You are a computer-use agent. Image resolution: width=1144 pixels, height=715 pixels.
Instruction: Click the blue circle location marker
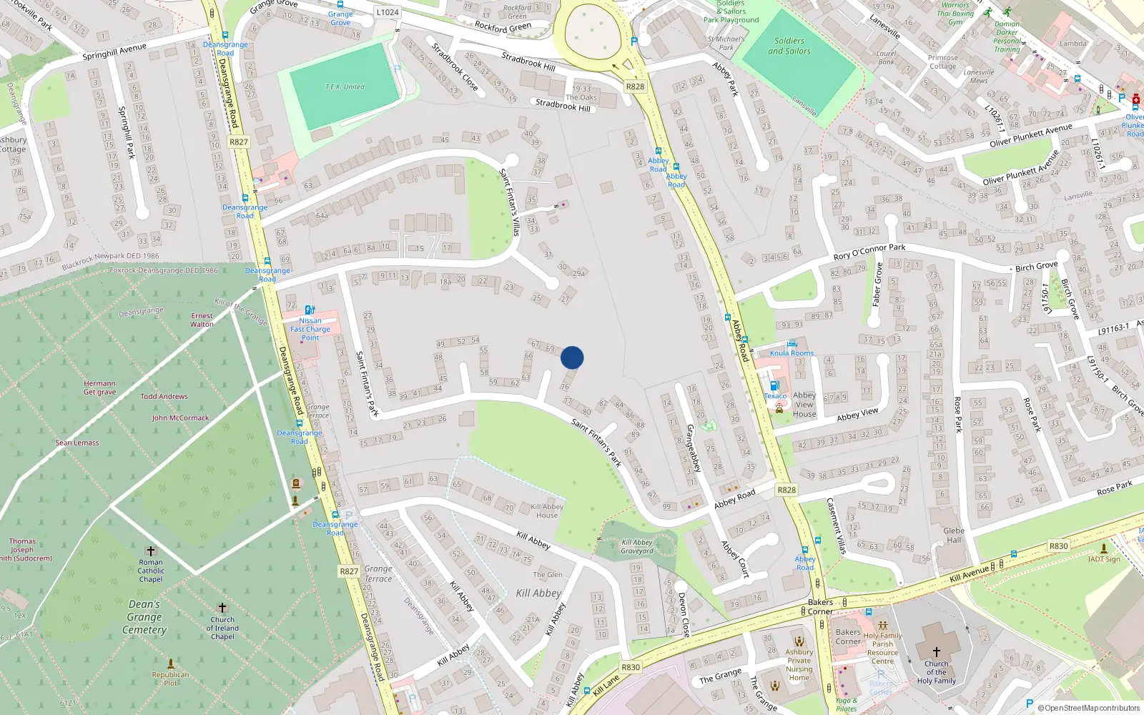(572, 357)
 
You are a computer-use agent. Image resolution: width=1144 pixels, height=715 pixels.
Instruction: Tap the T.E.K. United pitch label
(345, 87)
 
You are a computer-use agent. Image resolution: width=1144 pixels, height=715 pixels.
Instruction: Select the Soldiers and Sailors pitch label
(789, 46)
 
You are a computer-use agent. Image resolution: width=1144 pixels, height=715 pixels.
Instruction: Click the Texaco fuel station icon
(774, 385)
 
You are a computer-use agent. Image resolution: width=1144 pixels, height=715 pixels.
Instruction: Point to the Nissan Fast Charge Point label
(310, 329)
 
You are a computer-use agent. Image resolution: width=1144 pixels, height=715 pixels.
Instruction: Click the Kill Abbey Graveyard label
(637, 547)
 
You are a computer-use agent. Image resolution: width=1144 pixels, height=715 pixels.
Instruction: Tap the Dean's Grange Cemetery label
(144, 617)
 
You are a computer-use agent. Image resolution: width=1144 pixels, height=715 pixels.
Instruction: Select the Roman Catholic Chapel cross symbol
(150, 551)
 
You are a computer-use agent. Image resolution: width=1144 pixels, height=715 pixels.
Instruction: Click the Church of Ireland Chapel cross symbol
(222, 608)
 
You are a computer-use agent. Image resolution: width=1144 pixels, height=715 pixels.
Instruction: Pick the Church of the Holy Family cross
(936, 651)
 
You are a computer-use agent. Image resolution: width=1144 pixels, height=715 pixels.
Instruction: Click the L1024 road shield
(387, 12)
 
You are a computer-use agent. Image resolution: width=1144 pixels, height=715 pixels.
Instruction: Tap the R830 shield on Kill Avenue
(1058, 546)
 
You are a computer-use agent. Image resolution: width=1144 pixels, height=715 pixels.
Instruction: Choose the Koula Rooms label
(792, 353)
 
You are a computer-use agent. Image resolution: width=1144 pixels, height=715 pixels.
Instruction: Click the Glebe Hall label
(954, 536)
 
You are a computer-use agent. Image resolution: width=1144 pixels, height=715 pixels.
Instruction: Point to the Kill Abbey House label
(547, 511)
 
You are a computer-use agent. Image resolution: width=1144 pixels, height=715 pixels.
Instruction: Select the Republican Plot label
(170, 679)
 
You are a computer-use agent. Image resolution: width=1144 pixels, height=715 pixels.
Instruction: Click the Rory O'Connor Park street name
(869, 251)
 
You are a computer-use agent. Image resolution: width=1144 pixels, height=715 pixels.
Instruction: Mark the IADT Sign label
(1104, 559)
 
